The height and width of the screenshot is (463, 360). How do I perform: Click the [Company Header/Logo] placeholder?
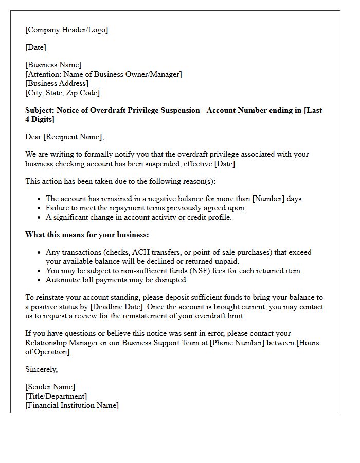point(66,30)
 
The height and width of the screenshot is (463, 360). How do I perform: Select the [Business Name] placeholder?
point(53,65)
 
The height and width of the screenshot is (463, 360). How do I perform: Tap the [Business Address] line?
point(57,83)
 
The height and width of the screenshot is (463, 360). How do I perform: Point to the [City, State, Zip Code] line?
point(62,93)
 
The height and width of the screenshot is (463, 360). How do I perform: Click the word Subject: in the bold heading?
point(40,110)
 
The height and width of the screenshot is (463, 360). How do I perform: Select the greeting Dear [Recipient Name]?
point(64,137)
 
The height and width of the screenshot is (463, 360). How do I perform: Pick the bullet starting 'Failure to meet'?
point(146,208)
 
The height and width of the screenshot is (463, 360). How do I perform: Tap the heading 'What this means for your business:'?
point(87,235)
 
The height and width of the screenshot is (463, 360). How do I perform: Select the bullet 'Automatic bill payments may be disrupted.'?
point(117,280)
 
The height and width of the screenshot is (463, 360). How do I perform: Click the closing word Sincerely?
point(41,369)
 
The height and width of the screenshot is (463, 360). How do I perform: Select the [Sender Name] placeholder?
point(50,387)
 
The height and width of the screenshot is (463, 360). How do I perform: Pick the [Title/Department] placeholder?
point(56,396)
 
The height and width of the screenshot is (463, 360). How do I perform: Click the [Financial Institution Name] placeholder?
point(71,405)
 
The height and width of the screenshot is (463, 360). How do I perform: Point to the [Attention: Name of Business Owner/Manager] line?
point(103,74)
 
